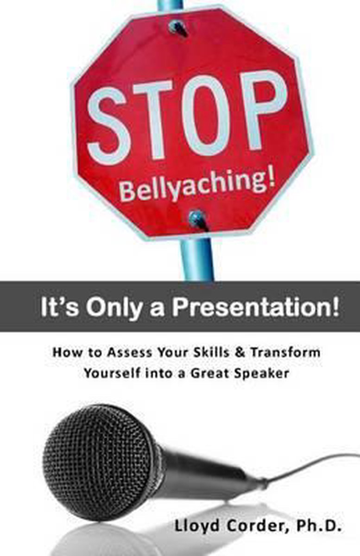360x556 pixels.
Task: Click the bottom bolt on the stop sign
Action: click(x=198, y=219)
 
